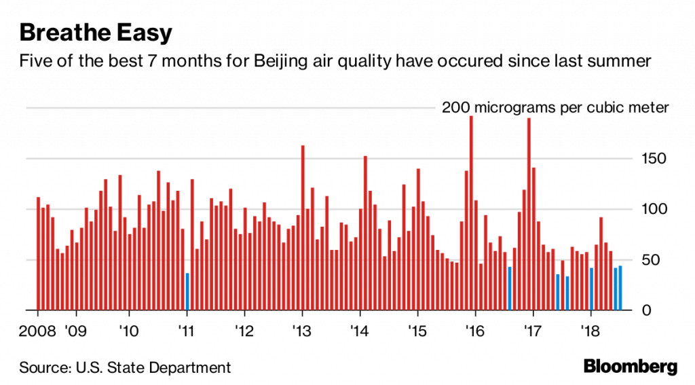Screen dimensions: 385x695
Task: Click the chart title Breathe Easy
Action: point(96,32)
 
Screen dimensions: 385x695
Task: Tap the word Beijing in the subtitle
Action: point(282,62)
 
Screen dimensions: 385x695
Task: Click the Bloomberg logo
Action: point(631,367)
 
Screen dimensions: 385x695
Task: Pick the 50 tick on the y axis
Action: point(656,260)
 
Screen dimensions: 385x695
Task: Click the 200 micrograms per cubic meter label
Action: point(555,107)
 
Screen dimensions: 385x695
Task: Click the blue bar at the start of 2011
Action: point(187,292)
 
